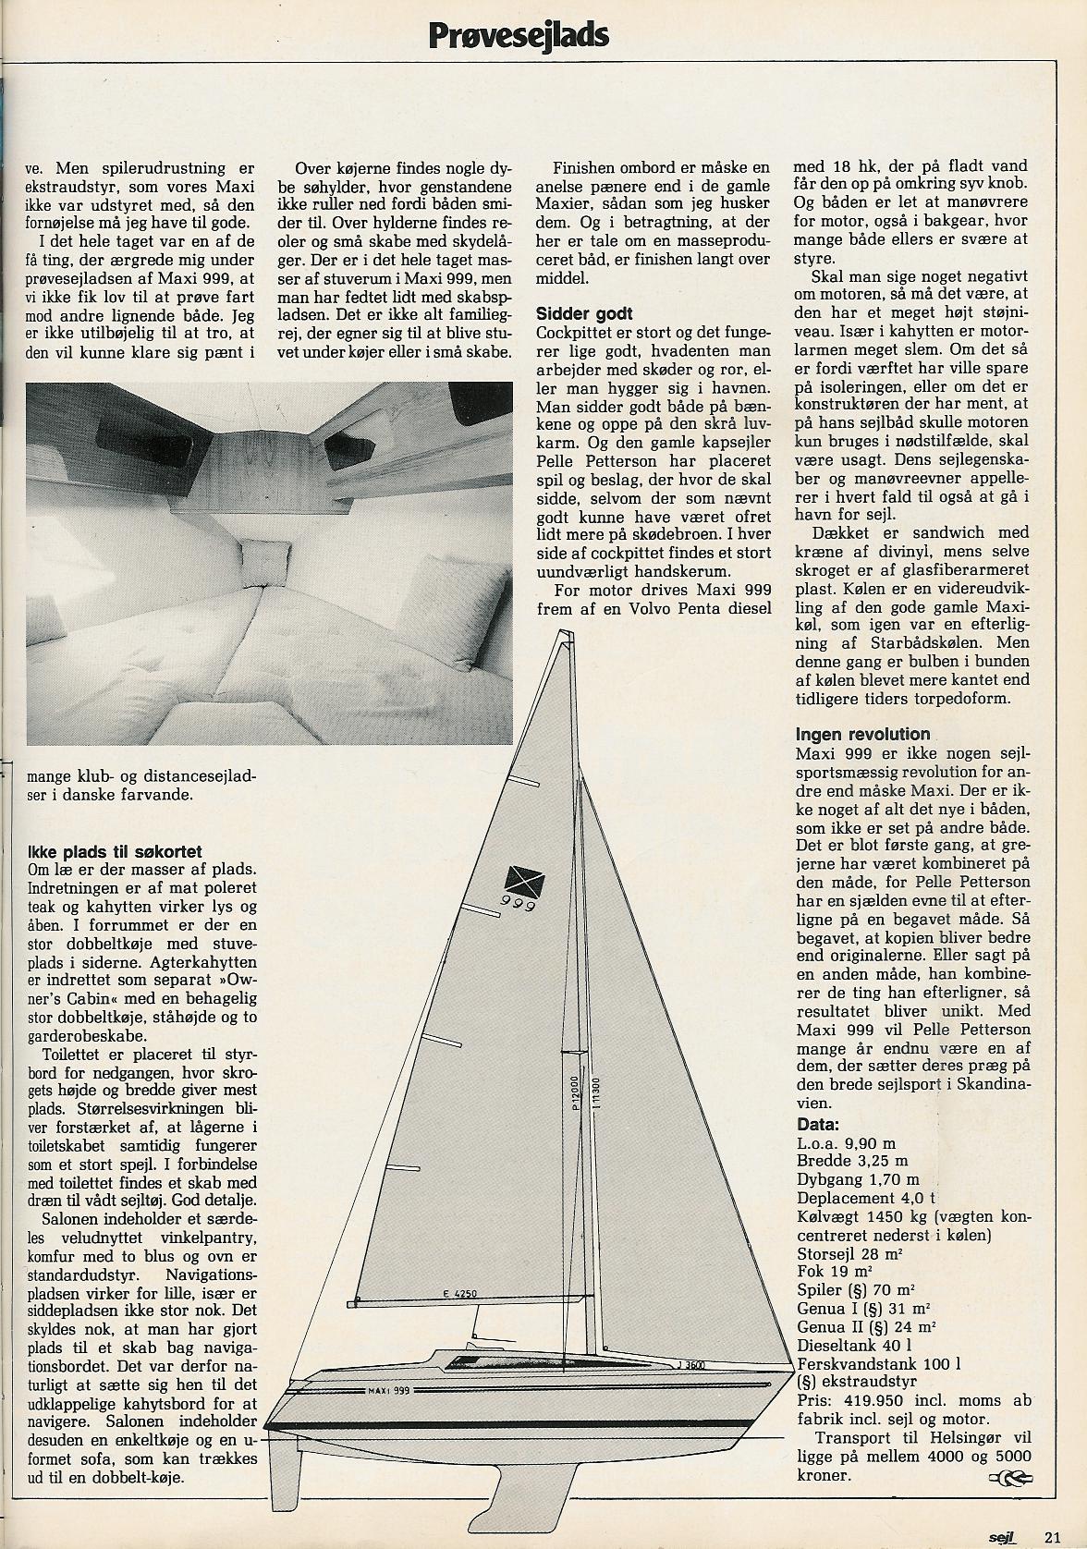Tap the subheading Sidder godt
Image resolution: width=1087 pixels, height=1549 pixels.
pyautogui.click(x=584, y=313)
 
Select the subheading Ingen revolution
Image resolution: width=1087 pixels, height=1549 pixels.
pyautogui.click(x=862, y=735)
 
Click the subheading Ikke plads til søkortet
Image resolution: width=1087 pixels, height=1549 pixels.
pyautogui.click(x=116, y=851)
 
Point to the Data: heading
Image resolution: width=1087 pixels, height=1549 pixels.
pyautogui.click(x=818, y=1125)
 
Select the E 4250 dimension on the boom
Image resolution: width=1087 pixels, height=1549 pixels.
pyautogui.click(x=459, y=1294)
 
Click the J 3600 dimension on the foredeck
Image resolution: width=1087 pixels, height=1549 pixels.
pyautogui.click(x=690, y=1363)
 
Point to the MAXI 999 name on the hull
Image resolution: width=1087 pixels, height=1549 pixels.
pyautogui.click(x=389, y=1389)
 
